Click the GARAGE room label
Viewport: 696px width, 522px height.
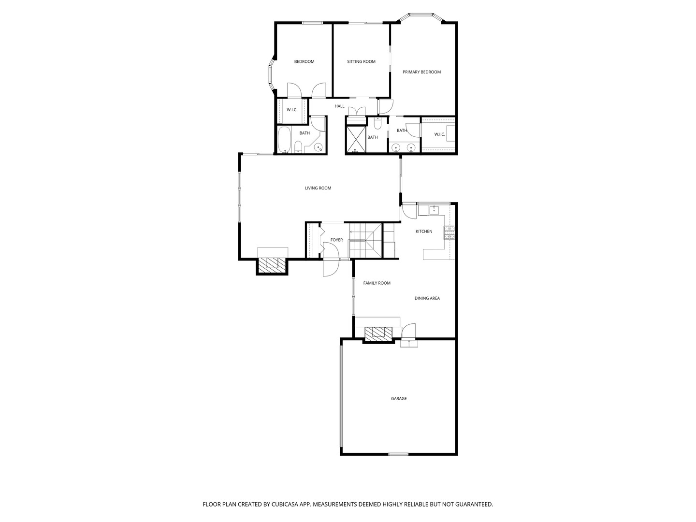399,398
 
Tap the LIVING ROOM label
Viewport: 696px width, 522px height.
318,188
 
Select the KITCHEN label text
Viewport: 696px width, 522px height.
423,232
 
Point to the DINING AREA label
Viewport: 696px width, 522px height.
427,298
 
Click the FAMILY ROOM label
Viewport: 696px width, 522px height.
377,283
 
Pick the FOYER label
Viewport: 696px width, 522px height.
336,240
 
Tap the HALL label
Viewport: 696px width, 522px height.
339,106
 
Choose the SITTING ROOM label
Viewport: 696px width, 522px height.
361,61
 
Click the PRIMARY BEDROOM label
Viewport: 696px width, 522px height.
422,72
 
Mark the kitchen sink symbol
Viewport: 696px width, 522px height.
434,209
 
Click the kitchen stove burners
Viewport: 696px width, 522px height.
449,232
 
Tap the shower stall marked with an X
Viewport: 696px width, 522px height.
356,139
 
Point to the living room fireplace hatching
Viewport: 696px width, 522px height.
272,266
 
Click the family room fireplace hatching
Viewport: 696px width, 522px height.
378,333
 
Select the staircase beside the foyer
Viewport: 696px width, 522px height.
365,240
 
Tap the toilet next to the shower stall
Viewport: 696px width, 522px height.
377,124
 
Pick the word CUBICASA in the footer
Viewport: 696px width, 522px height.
284,504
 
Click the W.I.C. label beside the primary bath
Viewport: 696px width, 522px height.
439,134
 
